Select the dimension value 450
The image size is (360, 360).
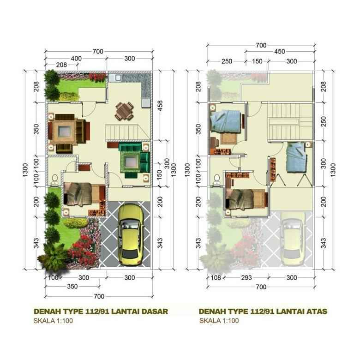pos(279,52)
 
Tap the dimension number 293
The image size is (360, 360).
pos(246,278)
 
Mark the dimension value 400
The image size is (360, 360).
pos(77,59)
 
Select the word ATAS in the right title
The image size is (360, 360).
pos(317,311)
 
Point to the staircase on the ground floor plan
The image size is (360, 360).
pos(123,132)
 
